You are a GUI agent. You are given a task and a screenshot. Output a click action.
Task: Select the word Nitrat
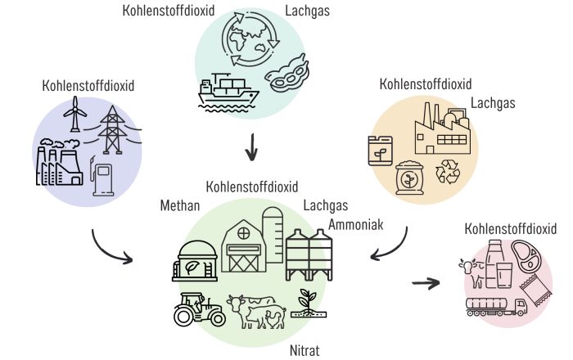(x=305, y=351)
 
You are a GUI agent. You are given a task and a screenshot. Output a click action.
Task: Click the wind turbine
(x=74, y=114)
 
